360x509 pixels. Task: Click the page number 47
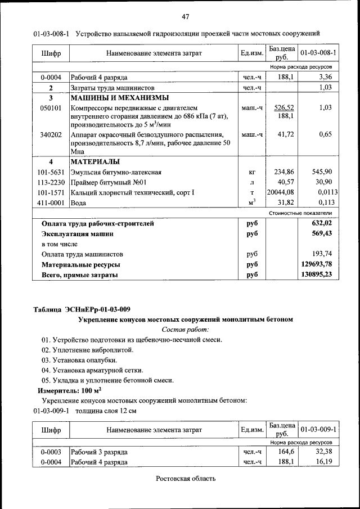tap(186, 16)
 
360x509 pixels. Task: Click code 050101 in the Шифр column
tap(51, 107)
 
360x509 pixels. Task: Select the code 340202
tap(51, 135)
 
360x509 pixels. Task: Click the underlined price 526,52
tap(285, 107)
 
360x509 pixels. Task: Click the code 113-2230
tap(51, 183)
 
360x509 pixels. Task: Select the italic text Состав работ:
tap(185, 330)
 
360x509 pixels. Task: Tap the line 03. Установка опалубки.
tap(79, 360)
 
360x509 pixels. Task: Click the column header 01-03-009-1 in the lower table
tap(318, 430)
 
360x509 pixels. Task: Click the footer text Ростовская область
tap(186, 479)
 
